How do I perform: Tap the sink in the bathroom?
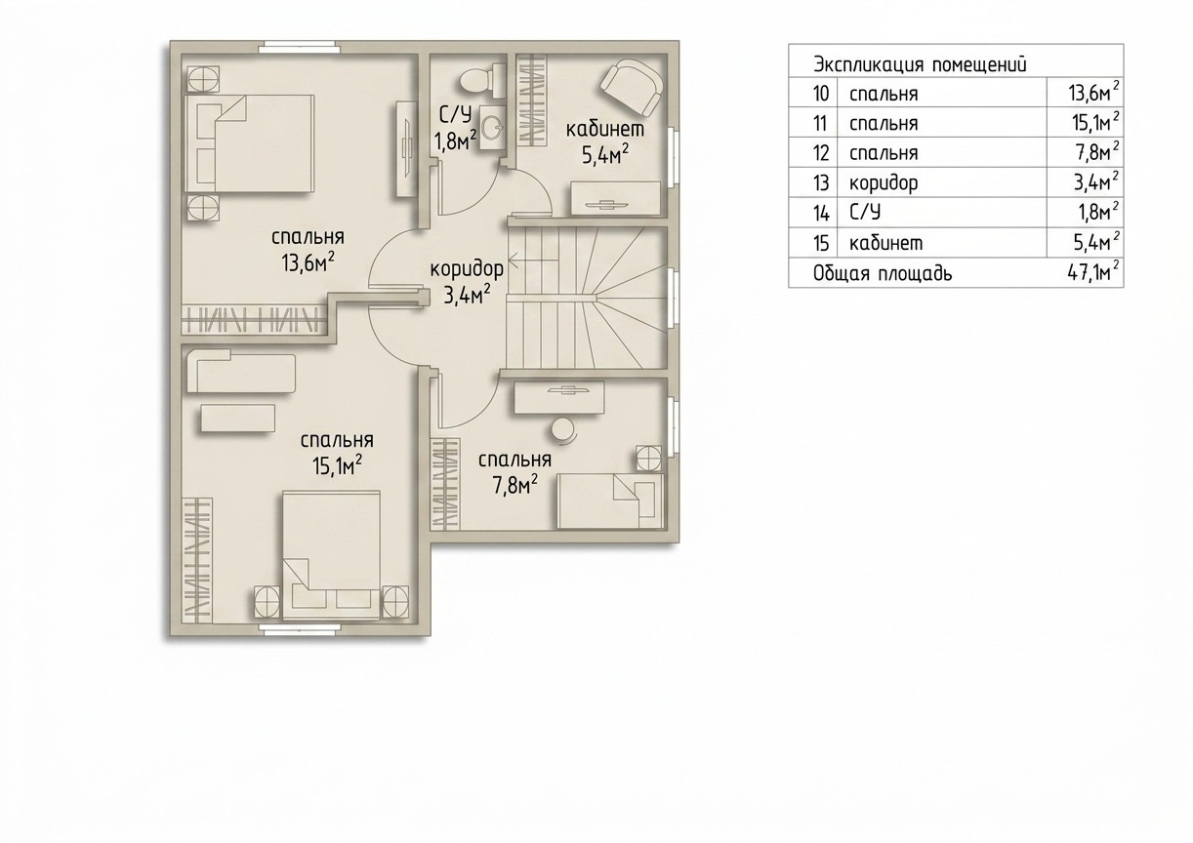point(492,127)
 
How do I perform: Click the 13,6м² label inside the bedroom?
point(309,261)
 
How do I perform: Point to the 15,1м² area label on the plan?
point(338,465)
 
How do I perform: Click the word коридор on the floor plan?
point(467,268)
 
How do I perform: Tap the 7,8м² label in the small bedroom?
point(514,485)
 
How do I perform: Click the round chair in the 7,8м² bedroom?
point(563,430)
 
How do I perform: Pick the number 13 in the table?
point(821,183)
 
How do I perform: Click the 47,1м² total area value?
point(1092,273)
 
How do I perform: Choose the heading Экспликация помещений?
point(920,65)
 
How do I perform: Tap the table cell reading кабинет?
point(886,243)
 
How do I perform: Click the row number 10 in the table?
point(821,94)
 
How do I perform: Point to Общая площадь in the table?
point(883,274)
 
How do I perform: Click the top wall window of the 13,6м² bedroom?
point(299,49)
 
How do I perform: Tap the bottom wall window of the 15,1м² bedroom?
point(299,628)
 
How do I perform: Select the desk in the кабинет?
point(617,198)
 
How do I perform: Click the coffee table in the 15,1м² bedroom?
point(237,419)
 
